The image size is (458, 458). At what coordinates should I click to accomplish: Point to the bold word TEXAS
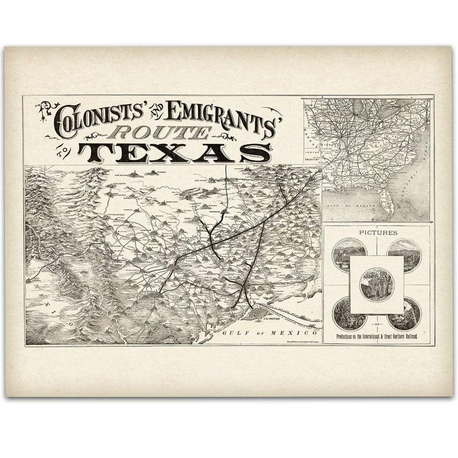[x=174, y=153]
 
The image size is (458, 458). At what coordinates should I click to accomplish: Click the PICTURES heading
[x=378, y=233]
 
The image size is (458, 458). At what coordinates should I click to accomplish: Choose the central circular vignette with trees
[x=376, y=284]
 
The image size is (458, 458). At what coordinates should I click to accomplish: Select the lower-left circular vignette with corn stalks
[x=349, y=314]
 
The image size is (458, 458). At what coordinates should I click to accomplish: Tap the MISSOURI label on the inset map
[x=338, y=142]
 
